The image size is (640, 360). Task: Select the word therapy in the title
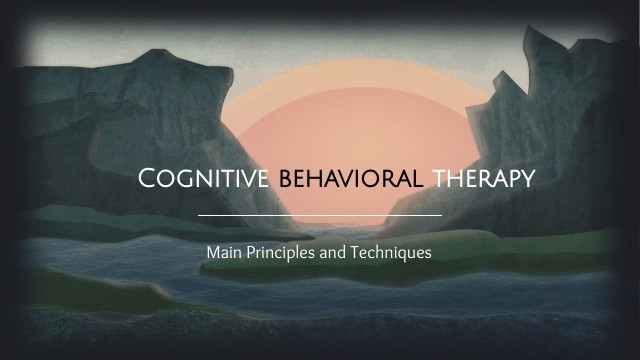click(x=484, y=181)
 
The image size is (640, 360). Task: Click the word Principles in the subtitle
click(x=282, y=253)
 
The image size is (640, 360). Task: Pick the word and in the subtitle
click(x=334, y=253)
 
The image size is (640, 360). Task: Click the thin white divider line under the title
click(x=320, y=215)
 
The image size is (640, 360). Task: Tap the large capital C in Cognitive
click(x=149, y=180)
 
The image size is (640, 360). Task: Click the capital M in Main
click(x=212, y=253)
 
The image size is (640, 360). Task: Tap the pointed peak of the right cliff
click(x=531, y=31)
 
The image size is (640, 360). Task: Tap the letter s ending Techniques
click(x=428, y=254)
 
